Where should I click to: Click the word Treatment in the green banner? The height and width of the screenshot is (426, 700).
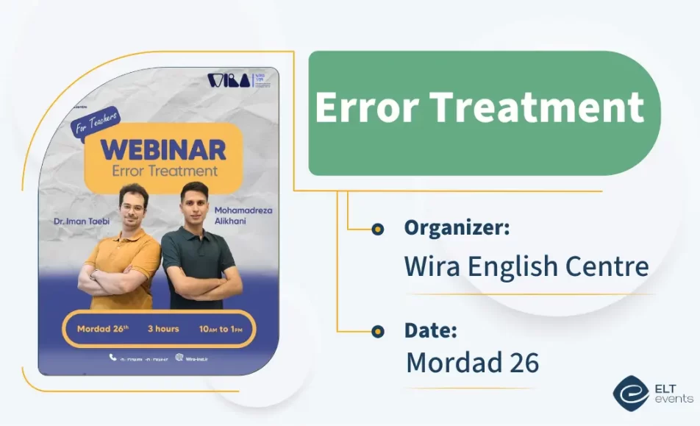[538, 107]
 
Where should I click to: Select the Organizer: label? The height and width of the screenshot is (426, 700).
[457, 228]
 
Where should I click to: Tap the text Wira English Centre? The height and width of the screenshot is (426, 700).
[526, 266]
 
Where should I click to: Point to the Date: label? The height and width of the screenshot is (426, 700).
[431, 330]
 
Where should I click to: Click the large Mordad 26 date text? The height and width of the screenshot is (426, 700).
[472, 362]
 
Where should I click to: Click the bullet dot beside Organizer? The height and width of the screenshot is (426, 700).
[378, 229]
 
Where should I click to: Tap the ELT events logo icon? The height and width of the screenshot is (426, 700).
[630, 394]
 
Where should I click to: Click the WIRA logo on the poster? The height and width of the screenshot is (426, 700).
[228, 80]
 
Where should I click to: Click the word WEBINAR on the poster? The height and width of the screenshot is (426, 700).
[163, 149]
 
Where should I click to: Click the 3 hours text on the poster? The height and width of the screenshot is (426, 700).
[162, 329]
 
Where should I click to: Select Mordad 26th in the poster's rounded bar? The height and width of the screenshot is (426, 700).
[101, 329]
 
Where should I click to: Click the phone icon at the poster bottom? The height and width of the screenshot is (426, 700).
[113, 358]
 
